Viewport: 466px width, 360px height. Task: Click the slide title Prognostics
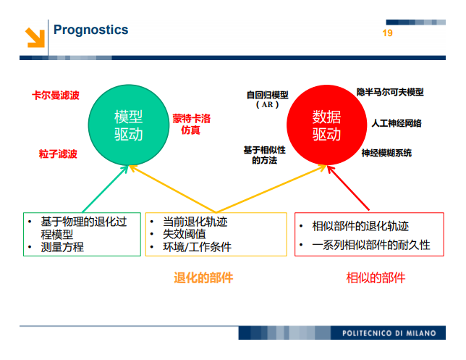(90, 30)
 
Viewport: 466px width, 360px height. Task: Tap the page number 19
(387, 34)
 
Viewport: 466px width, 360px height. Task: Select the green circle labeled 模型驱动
(128, 125)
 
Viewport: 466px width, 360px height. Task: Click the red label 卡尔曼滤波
(56, 95)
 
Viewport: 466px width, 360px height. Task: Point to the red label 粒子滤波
(58, 154)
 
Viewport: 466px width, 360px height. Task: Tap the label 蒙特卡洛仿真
(191, 124)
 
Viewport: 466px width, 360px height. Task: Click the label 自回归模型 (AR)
(267, 99)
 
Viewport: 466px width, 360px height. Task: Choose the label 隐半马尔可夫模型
(390, 92)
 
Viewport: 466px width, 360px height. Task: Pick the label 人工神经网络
(396, 123)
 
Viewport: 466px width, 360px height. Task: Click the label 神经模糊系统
(386, 153)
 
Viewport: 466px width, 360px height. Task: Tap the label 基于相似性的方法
(264, 155)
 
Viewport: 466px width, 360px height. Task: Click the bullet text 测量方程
(62, 247)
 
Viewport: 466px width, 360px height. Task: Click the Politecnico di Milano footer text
(389, 333)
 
